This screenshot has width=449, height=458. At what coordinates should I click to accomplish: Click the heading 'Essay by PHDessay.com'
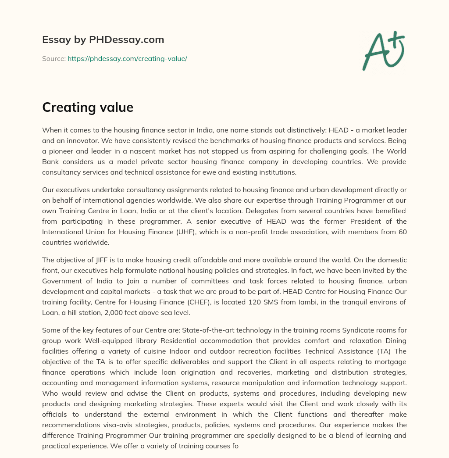click(x=103, y=40)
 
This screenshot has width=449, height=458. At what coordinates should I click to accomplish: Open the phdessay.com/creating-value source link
click(x=127, y=58)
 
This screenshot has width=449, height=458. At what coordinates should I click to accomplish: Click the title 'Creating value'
click(x=88, y=107)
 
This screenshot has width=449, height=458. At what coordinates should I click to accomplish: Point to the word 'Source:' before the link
click(x=53, y=58)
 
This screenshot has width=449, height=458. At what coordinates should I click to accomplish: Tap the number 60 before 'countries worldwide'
click(x=402, y=232)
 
